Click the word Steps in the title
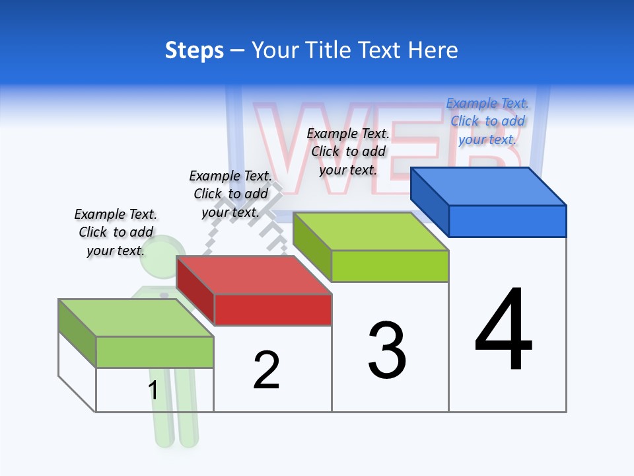pos(194,50)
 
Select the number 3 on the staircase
pos(387,350)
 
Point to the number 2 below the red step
pos(266,370)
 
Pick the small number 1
pos(153,390)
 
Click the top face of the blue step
pos(489,186)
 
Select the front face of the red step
pos(273,309)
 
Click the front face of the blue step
pos(507,221)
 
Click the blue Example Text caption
pos(487,121)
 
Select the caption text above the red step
pos(230,194)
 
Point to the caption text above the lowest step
pos(116,232)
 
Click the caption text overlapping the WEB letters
pos(348,151)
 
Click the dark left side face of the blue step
pos(429,202)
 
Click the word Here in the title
pos(433,50)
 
